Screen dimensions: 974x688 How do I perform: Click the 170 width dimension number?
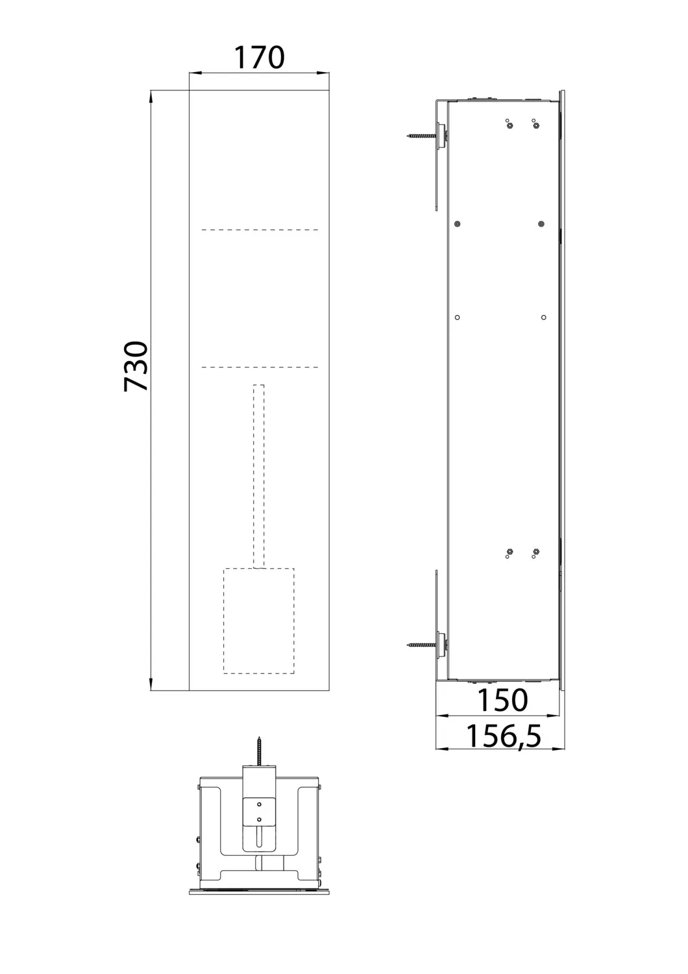258,57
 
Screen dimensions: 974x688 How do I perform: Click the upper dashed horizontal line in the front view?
260,230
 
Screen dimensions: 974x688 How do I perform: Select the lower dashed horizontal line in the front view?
260,368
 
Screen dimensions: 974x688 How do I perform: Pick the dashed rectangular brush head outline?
259,619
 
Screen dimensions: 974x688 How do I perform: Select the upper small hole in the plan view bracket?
259,803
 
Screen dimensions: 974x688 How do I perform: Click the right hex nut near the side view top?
535,125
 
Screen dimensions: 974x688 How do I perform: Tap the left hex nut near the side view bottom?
509,551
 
